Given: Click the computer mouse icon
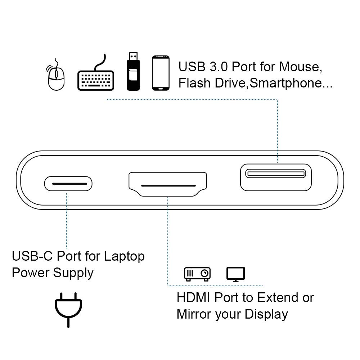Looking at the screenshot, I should [x=56, y=76].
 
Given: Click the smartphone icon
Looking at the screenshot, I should [x=160, y=73].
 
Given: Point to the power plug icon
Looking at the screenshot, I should [x=68, y=310].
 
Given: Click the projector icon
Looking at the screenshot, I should [x=197, y=274].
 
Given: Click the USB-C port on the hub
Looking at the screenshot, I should [x=68, y=184].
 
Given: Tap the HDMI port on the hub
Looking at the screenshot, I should [x=168, y=185].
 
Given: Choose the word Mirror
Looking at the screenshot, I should [x=194, y=314].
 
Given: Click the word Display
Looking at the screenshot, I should [x=266, y=314].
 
